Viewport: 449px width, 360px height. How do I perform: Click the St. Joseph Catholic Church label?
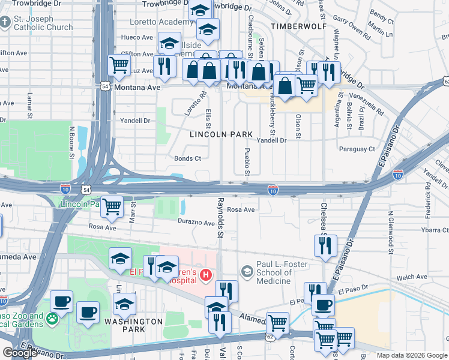click(x=42, y=22)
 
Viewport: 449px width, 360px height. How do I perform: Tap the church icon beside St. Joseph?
click(x=5, y=22)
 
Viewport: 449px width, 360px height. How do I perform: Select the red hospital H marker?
click(x=206, y=275)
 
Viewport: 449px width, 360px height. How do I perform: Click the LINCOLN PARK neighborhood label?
click(x=220, y=134)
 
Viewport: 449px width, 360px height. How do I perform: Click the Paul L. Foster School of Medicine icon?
click(x=246, y=272)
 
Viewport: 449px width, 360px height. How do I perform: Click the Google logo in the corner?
click(x=20, y=353)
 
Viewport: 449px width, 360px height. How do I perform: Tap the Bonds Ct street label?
click(x=187, y=158)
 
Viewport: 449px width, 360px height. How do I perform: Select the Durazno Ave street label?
click(x=196, y=223)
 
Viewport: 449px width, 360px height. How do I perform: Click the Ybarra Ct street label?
click(x=435, y=230)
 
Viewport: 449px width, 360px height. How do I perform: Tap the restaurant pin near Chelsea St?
click(x=325, y=245)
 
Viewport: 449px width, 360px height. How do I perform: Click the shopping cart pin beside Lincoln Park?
click(x=112, y=207)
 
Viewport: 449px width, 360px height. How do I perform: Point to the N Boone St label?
click(x=71, y=142)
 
